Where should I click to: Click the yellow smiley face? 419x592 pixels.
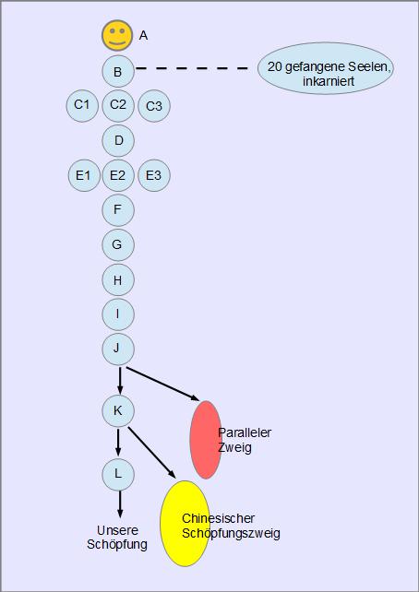click(117, 35)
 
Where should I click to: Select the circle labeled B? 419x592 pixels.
click(118, 71)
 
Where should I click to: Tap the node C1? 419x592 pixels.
click(82, 105)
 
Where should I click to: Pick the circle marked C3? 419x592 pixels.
click(154, 106)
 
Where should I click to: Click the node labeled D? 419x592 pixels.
click(118, 140)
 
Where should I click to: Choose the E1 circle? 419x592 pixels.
click(84, 175)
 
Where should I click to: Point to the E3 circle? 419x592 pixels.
click(154, 175)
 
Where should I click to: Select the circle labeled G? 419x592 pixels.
click(118, 244)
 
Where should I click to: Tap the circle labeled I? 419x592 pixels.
click(118, 314)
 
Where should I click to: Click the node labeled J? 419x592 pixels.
click(118, 349)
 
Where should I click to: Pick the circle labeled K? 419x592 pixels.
click(118, 411)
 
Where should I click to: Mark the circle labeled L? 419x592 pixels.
click(118, 474)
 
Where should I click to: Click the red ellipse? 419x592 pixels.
click(206, 440)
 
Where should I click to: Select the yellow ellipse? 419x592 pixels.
click(186, 523)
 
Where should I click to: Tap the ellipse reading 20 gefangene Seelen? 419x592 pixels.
click(326, 68)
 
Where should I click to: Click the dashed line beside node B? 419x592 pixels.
click(192, 68)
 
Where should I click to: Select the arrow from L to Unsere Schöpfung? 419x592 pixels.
click(120, 504)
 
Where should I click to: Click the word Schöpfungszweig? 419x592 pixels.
click(232, 534)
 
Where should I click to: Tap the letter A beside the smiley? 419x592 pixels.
click(144, 35)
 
